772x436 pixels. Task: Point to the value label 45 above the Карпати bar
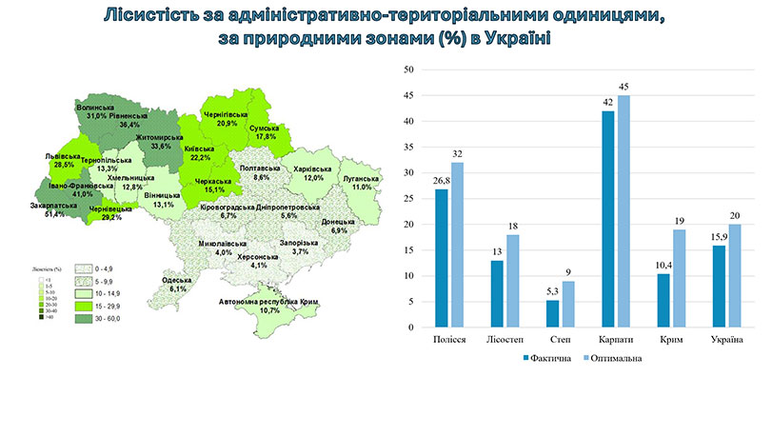pyautogui.click(x=624, y=87)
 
